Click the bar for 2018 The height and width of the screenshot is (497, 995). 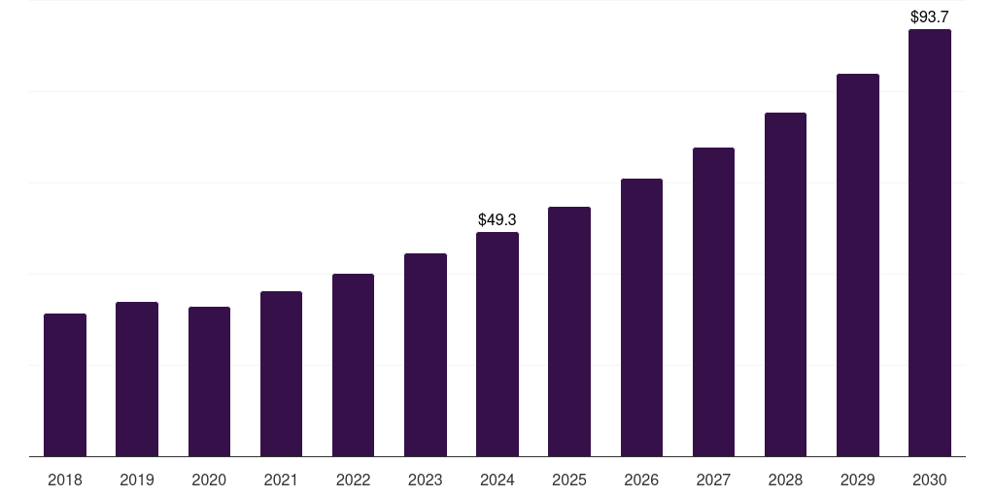tap(65, 385)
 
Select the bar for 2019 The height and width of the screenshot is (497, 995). tap(137, 380)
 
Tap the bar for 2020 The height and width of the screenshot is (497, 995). tap(209, 381)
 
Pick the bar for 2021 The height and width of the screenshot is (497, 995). tap(281, 374)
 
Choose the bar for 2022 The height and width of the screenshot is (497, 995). tap(353, 365)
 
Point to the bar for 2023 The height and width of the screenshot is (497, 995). tap(426, 355)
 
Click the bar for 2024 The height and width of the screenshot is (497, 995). tap(497, 345)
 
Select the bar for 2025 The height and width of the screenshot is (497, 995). tap(569, 332)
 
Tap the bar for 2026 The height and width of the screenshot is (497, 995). tap(641, 317)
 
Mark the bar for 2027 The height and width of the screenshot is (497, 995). tap(713, 302)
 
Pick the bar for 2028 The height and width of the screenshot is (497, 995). tap(785, 284)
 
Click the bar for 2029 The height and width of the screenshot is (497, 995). tap(858, 265)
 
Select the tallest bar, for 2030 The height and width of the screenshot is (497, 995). tap(930, 243)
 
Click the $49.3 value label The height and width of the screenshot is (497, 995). tap(497, 220)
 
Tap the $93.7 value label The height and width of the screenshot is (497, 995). tap(930, 17)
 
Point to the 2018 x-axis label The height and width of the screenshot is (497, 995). tap(65, 480)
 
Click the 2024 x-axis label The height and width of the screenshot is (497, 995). tap(497, 480)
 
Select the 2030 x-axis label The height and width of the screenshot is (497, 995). tap(930, 480)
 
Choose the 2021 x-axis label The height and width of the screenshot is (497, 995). tap(281, 480)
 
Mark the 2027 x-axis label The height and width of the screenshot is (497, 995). tap(713, 480)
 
